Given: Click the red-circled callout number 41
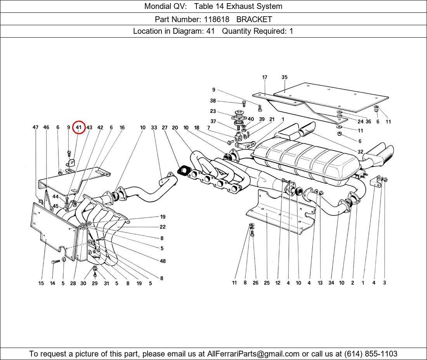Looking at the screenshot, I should [79, 127].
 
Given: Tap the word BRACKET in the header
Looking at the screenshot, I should [254, 19].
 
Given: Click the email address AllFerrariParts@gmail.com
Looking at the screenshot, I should [254, 353].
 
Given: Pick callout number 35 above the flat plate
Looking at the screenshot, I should [284, 77].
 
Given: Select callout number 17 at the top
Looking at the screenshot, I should [264, 77].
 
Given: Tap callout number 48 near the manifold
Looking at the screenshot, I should [163, 261].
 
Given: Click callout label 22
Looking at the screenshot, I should [162, 227].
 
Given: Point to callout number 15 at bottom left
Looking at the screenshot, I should [41, 283].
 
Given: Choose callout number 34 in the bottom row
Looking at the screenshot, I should [331, 283].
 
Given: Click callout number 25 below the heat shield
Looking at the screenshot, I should [267, 283].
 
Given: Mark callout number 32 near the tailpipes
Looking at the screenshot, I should [360, 152].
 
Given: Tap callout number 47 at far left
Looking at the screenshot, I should [35, 127].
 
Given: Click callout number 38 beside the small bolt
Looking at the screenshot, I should [213, 101].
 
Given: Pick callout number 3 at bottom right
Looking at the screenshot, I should [384, 283].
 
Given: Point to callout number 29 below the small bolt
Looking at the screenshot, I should [94, 283].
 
